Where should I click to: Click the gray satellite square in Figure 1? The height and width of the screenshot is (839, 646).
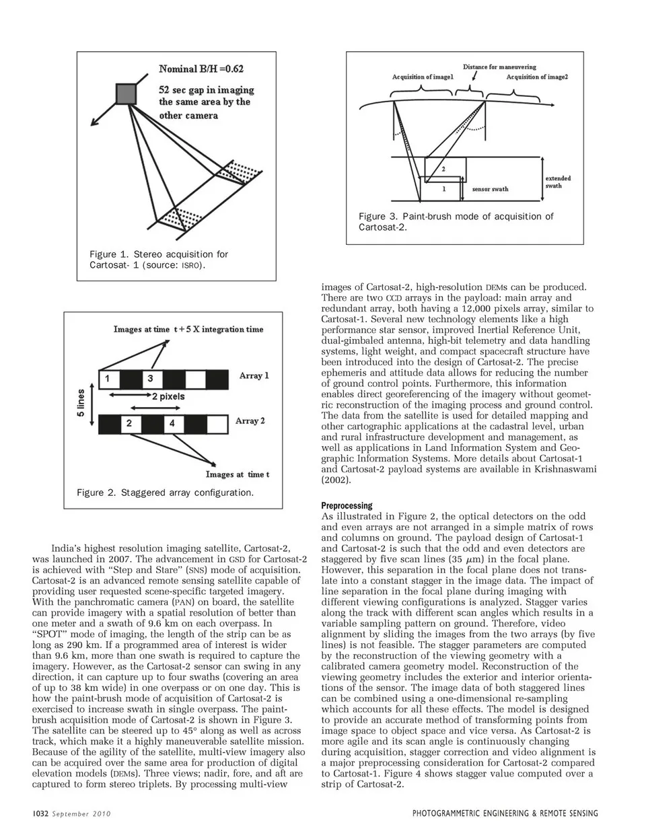pyautogui.click(x=127, y=94)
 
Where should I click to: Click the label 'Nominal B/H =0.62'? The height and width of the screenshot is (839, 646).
pyautogui.click(x=201, y=69)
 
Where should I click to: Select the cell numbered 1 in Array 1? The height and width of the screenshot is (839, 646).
pyautogui.click(x=107, y=378)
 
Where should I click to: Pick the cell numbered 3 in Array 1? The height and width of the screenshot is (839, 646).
pyautogui.click(x=150, y=378)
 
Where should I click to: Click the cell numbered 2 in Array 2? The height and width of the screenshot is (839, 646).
pyautogui.click(x=129, y=423)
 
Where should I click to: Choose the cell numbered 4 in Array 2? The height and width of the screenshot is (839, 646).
pyautogui.click(x=172, y=423)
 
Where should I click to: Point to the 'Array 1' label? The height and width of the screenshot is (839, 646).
pyautogui.click(x=254, y=375)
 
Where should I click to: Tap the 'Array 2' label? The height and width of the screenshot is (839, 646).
pyautogui.click(x=250, y=421)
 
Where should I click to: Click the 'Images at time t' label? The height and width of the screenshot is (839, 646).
pyautogui.click(x=238, y=474)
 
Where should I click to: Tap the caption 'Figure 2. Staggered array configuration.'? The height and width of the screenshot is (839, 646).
pyautogui.click(x=166, y=493)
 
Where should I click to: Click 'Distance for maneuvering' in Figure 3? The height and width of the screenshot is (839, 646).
pyautogui.click(x=499, y=67)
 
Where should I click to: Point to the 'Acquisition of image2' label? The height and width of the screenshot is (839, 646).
pyautogui.click(x=537, y=77)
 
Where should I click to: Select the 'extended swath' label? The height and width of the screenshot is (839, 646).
pyautogui.click(x=557, y=182)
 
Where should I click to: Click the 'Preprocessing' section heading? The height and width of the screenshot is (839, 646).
pyautogui.click(x=347, y=505)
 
